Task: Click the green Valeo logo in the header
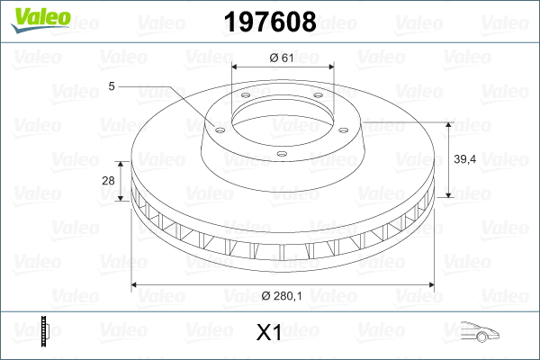point(34,19)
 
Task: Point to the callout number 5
point(111,86)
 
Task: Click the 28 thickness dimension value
point(109,181)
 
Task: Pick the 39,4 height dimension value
point(465,159)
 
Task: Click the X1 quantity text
point(269,334)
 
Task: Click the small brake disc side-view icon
point(44,332)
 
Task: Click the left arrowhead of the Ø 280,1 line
point(136,285)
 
